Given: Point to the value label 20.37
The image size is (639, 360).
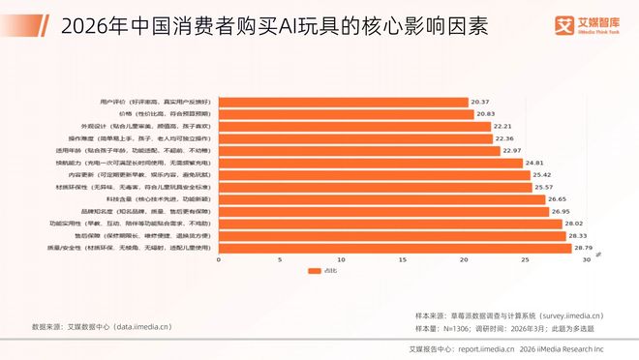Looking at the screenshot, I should pos(481,102).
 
